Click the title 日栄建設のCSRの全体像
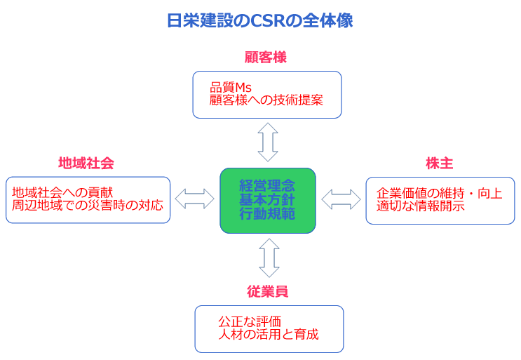click(260, 20)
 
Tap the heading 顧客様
click(266, 57)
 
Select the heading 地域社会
click(86, 164)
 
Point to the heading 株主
click(439, 164)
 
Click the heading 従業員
click(267, 291)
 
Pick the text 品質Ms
click(230, 88)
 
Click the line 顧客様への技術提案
click(266, 100)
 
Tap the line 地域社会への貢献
click(62, 192)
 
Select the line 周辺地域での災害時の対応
click(88, 205)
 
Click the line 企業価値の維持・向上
click(439, 194)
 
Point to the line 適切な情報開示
click(420, 206)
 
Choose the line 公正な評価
click(250, 322)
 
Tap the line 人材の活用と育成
click(269, 335)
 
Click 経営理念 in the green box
click(267, 186)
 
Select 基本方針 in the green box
click(267, 200)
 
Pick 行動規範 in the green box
click(267, 214)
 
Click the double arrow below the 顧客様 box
click(268, 142)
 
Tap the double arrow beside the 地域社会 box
click(195, 199)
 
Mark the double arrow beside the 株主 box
click(341, 199)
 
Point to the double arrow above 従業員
click(269, 258)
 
